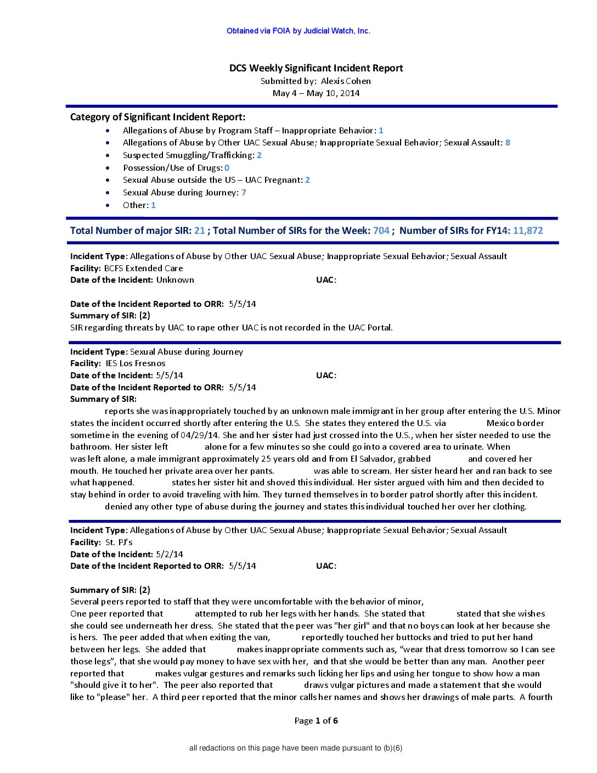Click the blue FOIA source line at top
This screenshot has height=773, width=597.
[298, 31]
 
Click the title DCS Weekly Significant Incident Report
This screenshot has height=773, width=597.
[316, 68]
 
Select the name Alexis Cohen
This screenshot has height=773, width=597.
[346, 81]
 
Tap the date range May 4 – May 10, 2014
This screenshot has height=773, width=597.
[316, 93]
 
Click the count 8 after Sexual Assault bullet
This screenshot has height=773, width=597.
[508, 143]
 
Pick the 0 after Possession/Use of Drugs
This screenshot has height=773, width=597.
[227, 168]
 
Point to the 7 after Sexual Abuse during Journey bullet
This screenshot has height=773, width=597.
[244, 193]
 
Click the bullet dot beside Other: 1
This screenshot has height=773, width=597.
[108, 205]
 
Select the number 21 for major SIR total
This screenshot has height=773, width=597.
[199, 231]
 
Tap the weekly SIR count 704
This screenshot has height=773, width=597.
[381, 231]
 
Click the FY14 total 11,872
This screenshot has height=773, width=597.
[528, 231]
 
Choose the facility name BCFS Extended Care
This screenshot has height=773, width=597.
[143, 268]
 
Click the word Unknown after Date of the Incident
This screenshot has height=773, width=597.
[175, 280]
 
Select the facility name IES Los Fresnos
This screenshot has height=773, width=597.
[136, 363]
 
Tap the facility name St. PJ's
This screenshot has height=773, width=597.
[119, 542]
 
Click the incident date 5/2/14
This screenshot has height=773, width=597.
[170, 554]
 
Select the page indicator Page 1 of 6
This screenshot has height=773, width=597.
[316, 721]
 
